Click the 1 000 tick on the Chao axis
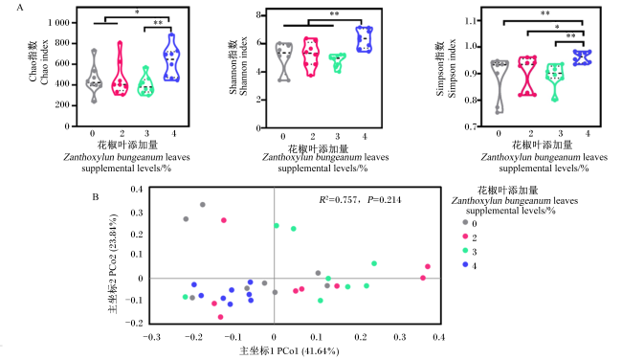pyautogui.click(x=58, y=23)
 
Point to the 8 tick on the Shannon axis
pyautogui.click(x=258, y=15)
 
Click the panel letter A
pyautogui.click(x=19, y=7)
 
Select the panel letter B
pyautogui.click(x=95, y=197)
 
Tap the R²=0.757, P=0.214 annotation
pyautogui.click(x=360, y=200)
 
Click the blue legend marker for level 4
pyautogui.click(x=465, y=264)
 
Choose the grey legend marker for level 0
pyautogui.click(x=465, y=222)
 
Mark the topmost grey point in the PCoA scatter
pyautogui.click(x=202, y=205)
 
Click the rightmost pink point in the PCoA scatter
pyautogui.click(x=427, y=267)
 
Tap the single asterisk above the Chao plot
pyautogui.click(x=137, y=12)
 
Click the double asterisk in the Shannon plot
pyautogui.click(x=334, y=14)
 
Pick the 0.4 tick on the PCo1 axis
pyautogui.click(x=438, y=337)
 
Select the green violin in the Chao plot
pyautogui.click(x=145, y=81)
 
